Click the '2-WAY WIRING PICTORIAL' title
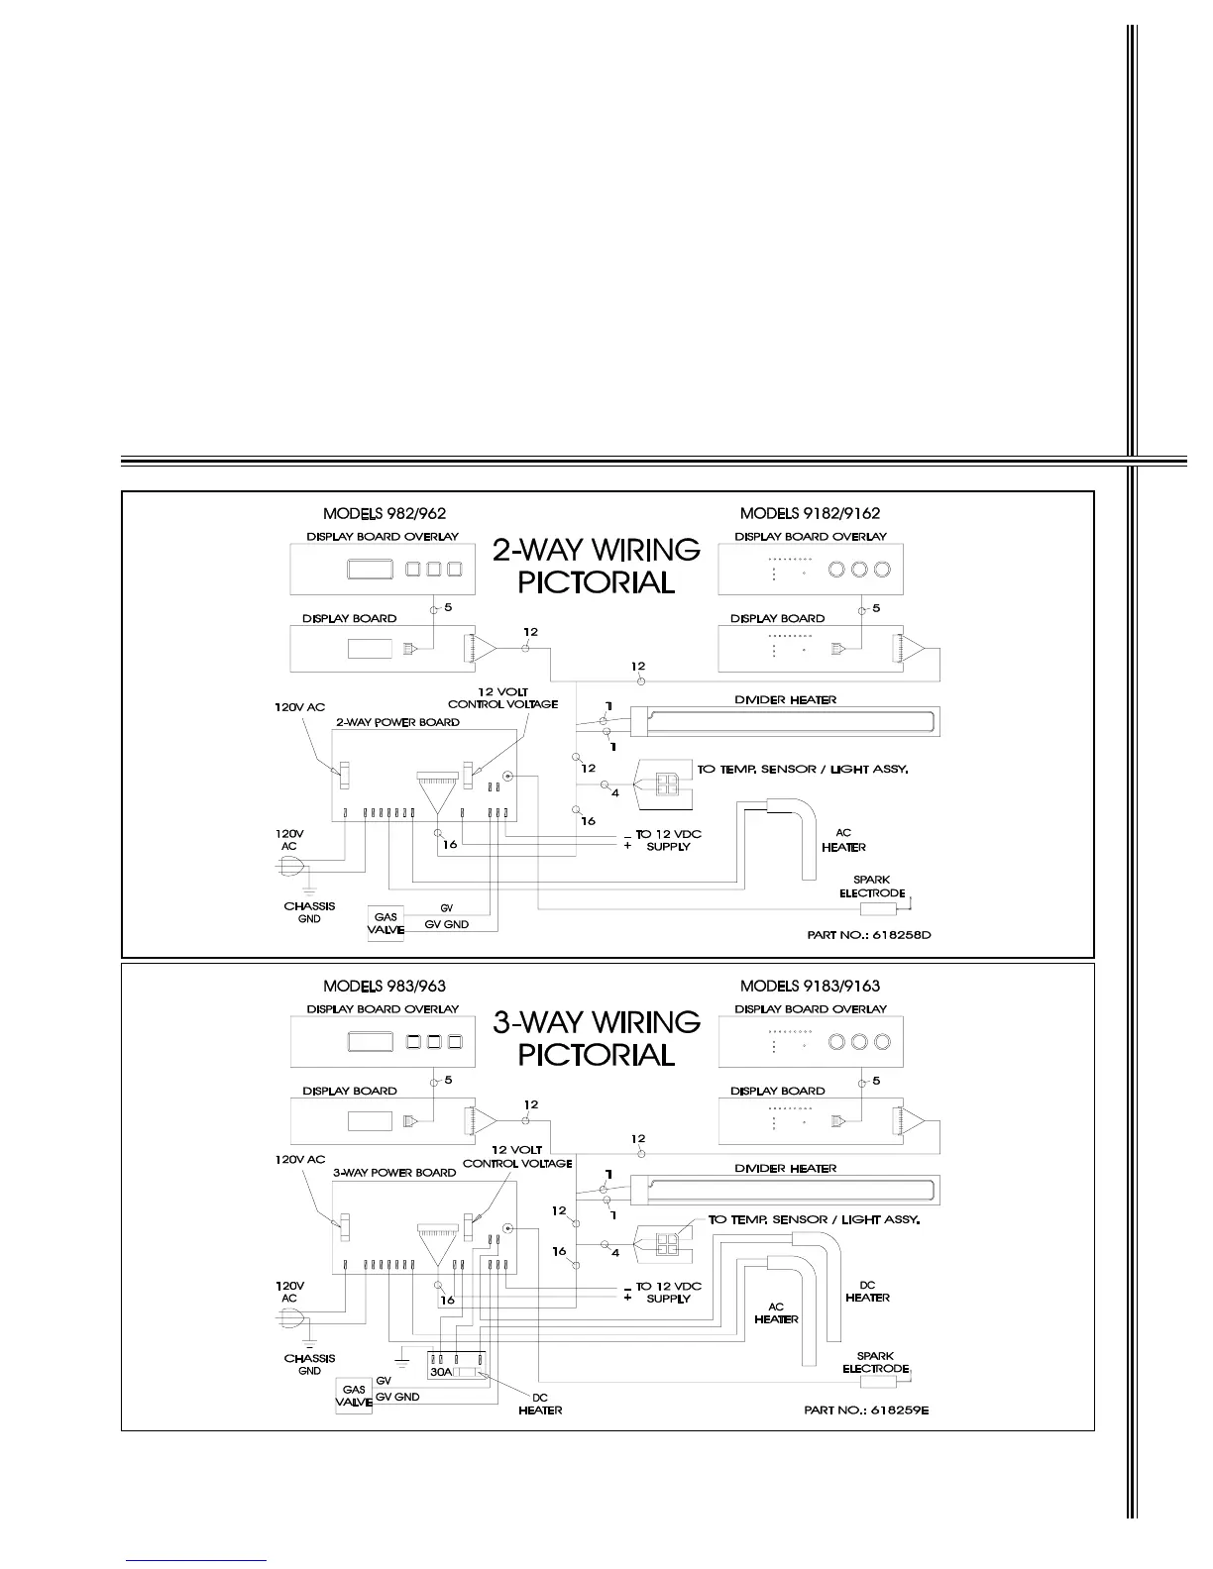(x=596, y=566)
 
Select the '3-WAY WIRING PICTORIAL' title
(x=596, y=1038)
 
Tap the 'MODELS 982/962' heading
(x=385, y=513)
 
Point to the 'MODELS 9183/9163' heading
(x=810, y=986)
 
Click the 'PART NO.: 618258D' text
(x=868, y=934)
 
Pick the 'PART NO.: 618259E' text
(x=866, y=1410)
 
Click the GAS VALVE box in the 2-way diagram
(x=386, y=924)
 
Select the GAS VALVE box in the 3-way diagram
(x=354, y=1397)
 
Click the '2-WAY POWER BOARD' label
(x=397, y=722)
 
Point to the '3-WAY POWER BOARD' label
(x=394, y=1173)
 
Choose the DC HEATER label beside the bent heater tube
(x=867, y=1292)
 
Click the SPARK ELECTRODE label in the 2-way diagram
(x=871, y=887)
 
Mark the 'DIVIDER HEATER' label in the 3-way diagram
(x=785, y=1169)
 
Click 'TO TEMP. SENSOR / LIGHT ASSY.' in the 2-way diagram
(x=803, y=769)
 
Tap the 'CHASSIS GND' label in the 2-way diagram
(x=309, y=912)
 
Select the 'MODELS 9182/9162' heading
(x=810, y=513)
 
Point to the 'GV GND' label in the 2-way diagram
(x=446, y=924)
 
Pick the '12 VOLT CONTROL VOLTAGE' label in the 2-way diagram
(x=502, y=697)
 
